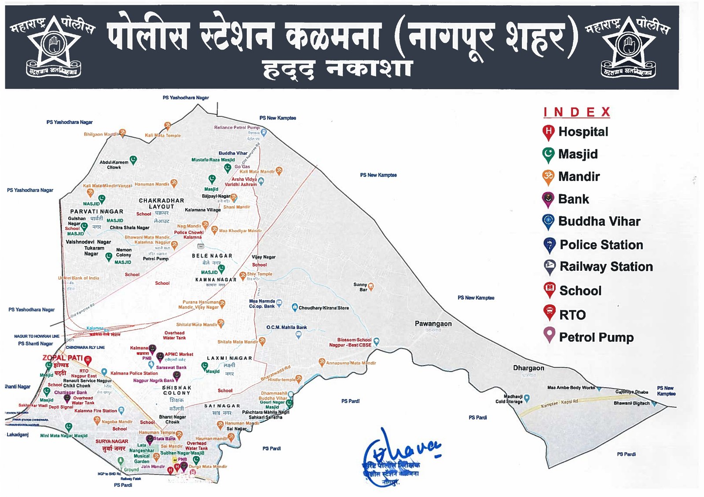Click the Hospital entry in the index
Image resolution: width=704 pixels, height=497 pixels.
pyautogui.click(x=583, y=132)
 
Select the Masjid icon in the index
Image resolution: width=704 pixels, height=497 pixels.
pyautogui.click(x=548, y=154)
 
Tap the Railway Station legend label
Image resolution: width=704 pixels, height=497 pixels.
pyautogui.click(x=606, y=267)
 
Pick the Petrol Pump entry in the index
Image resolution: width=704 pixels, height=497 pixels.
pyautogui.click(x=596, y=337)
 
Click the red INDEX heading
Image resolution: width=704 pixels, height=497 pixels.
pyautogui.click(x=576, y=112)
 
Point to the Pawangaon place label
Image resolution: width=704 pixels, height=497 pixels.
pyautogui.click(x=433, y=324)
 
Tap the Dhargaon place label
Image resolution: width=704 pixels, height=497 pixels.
pyautogui.click(x=528, y=368)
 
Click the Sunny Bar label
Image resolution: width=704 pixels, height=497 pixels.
pyautogui.click(x=360, y=287)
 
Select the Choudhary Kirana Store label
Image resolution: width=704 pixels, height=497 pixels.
pyautogui.click(x=323, y=308)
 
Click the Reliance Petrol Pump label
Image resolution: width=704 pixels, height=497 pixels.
pyautogui.click(x=237, y=127)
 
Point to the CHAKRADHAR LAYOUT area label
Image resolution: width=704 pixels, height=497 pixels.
pyautogui.click(x=161, y=203)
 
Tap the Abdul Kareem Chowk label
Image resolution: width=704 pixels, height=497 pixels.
pyautogui.click(x=114, y=165)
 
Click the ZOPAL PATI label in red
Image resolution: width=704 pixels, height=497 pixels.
pyautogui.click(x=62, y=358)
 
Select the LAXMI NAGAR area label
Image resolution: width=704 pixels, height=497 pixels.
pyautogui.click(x=229, y=358)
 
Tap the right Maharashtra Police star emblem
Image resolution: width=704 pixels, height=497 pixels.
pyautogui.click(x=628, y=45)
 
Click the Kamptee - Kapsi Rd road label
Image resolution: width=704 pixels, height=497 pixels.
pyautogui.click(x=559, y=403)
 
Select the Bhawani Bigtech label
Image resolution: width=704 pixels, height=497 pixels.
pyautogui.click(x=631, y=403)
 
